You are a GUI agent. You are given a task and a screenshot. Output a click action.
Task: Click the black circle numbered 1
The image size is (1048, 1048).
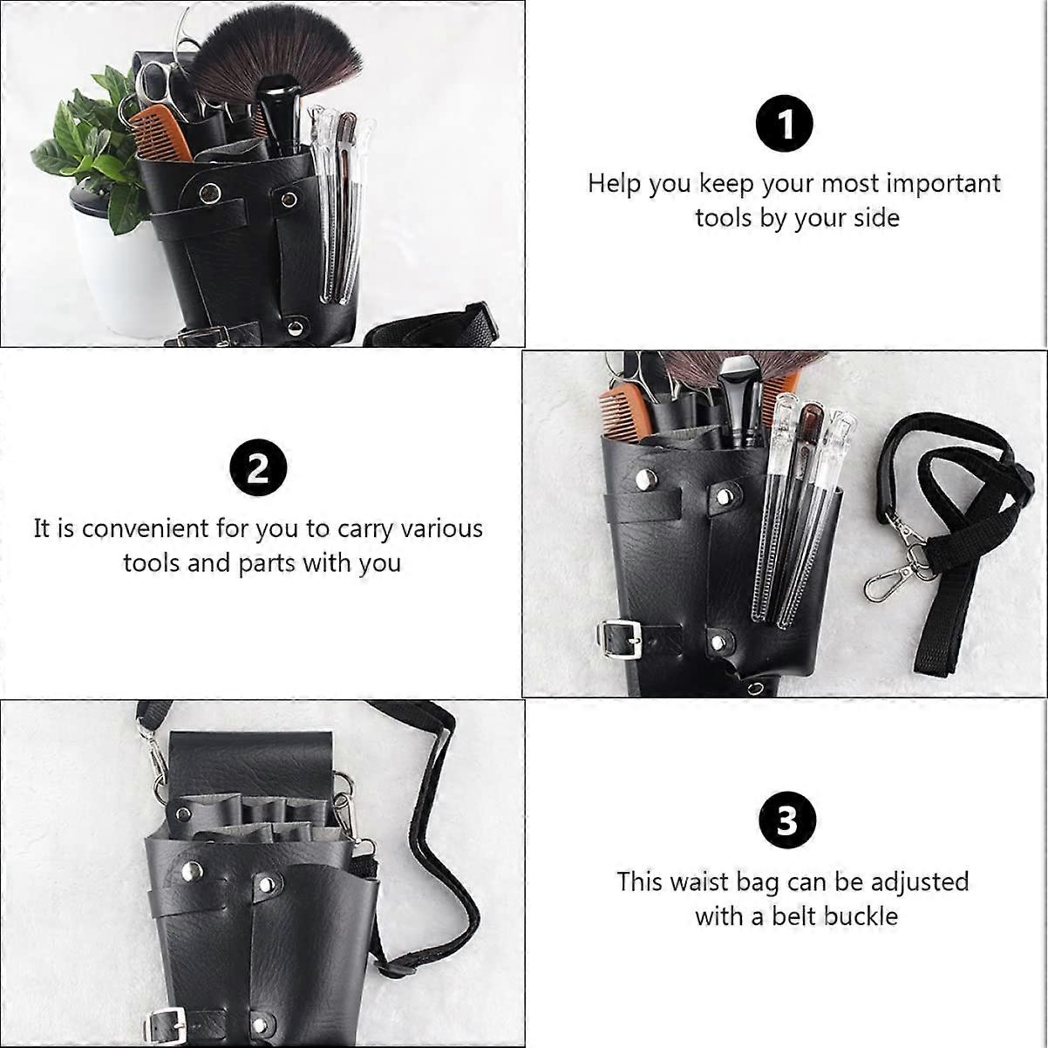(x=785, y=124)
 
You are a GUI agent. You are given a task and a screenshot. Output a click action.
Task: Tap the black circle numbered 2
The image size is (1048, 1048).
(x=258, y=467)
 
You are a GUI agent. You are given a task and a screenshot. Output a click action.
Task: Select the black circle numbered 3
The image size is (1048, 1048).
(x=787, y=820)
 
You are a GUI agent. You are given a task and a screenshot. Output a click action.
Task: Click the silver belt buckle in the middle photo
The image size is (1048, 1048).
(x=618, y=640)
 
